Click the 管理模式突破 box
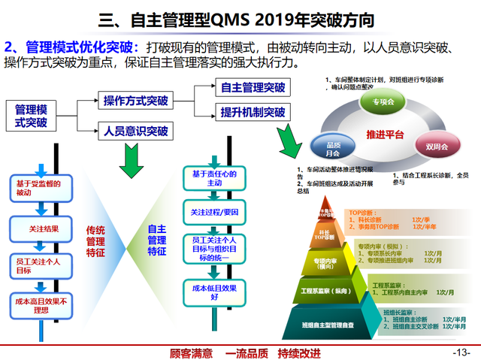point(31,115)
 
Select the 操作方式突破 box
point(136,101)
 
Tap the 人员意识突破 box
point(136,131)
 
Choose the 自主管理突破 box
point(253,88)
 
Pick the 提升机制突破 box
point(253,113)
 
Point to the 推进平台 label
point(385,135)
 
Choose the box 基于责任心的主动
point(214,178)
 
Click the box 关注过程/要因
point(214,212)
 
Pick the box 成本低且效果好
point(214,291)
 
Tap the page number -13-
point(461,352)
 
